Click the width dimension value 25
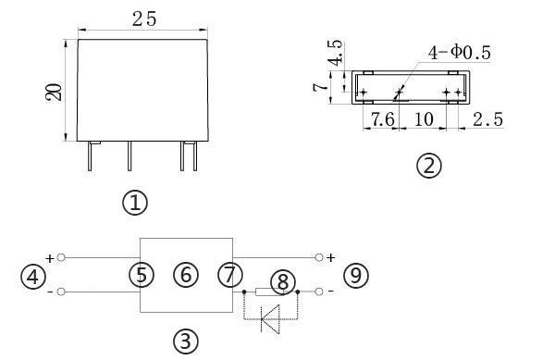[144, 19]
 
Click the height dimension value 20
[54, 92]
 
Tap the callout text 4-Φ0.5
[460, 53]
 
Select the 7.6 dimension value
[382, 119]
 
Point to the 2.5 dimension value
[487, 119]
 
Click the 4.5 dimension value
[335, 53]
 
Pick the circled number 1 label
[135, 203]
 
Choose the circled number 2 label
[429, 166]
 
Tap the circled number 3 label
[186, 341]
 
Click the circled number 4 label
[33, 277]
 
